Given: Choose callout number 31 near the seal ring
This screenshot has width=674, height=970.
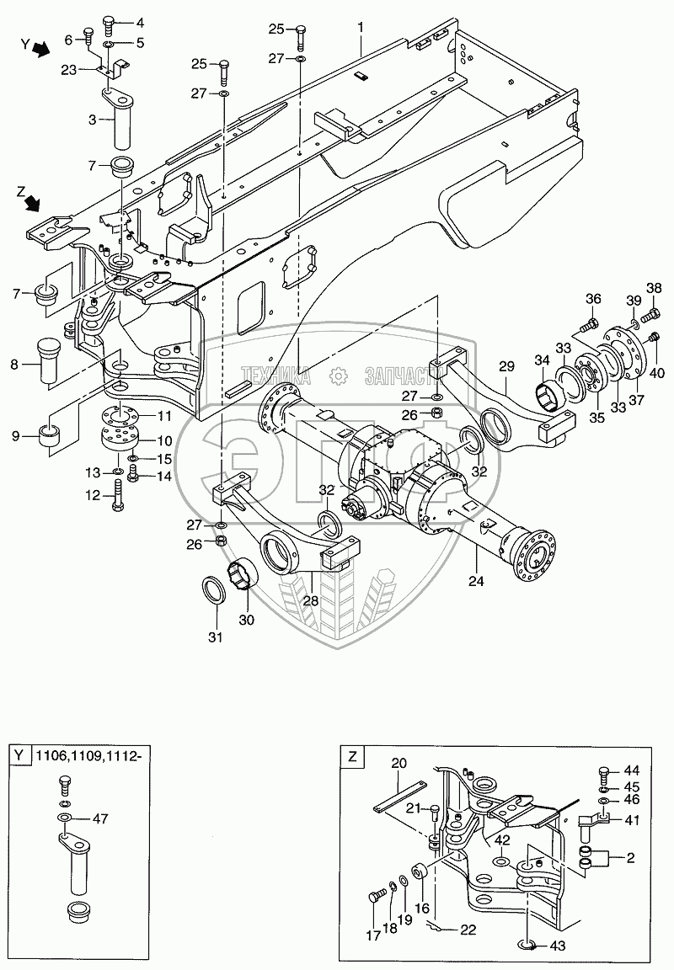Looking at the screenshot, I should [x=215, y=637].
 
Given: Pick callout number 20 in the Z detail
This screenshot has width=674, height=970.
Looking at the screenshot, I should [x=399, y=762].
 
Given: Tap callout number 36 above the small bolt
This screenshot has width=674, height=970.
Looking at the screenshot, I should [x=592, y=298].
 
